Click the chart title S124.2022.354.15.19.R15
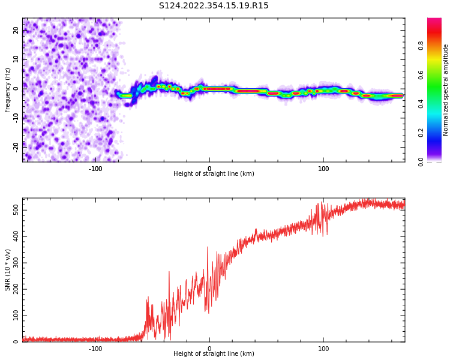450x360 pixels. pyautogui.click(x=214, y=6)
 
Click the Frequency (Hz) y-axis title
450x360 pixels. pyautogui.click(x=8, y=90)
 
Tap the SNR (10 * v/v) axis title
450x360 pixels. pyautogui.click(x=8, y=270)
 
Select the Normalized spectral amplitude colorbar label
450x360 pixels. pyautogui.click(x=446, y=90)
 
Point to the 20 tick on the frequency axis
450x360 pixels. pyautogui.click(x=16, y=30)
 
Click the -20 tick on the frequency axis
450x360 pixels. pyautogui.click(x=16, y=146)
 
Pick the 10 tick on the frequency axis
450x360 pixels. pyautogui.click(x=16, y=59)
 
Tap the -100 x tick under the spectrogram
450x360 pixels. pyautogui.click(x=95, y=168)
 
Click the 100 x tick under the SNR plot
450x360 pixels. pyautogui.click(x=323, y=348)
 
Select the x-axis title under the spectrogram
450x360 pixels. pyautogui.click(x=214, y=174)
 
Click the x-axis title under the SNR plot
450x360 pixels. pyautogui.click(x=214, y=354)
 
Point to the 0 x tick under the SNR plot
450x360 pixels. pyautogui.click(x=209, y=348)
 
